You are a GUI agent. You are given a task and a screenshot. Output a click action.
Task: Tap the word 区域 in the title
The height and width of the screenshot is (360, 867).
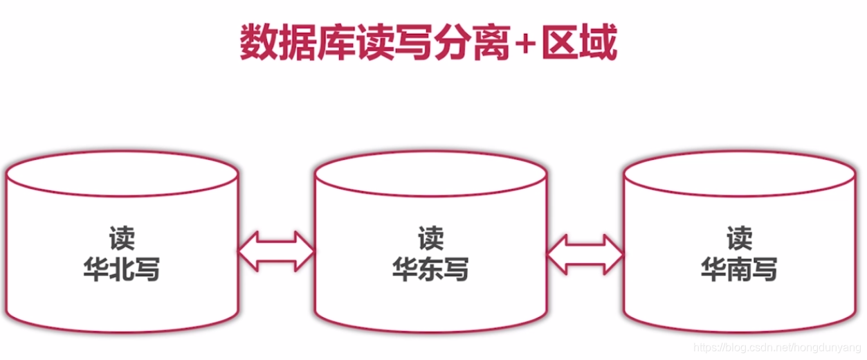[x=580, y=44]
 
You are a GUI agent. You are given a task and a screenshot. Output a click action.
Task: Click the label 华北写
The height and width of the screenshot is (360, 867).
[x=122, y=269]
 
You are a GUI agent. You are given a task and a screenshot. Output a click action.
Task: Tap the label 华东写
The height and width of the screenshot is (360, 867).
[x=430, y=269]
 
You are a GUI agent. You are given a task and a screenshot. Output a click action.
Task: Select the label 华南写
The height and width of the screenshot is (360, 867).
[x=739, y=269]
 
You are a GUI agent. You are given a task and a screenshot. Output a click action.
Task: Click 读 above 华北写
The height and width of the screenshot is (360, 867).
[x=122, y=239]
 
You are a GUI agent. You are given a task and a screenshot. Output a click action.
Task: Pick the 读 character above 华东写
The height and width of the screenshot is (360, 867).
[x=430, y=239]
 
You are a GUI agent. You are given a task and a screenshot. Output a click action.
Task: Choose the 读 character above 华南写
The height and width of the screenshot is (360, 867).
[x=739, y=239]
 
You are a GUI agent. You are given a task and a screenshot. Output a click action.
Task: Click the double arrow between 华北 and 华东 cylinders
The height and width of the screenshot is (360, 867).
[x=276, y=251]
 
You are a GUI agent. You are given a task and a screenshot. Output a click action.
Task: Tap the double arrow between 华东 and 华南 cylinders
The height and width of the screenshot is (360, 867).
[x=585, y=251]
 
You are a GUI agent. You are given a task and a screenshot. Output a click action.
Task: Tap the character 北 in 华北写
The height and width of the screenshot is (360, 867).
[x=122, y=269]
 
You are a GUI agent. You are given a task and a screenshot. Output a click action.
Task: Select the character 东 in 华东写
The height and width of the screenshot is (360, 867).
[x=430, y=269]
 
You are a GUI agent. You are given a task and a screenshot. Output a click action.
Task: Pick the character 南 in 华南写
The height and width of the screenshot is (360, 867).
[x=739, y=269]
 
